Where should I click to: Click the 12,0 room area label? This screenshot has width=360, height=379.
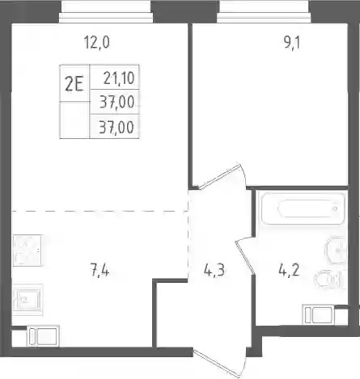(x=97, y=43)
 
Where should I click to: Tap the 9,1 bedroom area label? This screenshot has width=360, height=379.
(x=291, y=43)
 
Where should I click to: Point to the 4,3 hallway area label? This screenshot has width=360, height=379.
(x=214, y=270)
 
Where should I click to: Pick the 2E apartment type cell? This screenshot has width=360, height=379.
(x=74, y=83)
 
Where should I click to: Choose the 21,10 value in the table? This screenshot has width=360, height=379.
(x=119, y=78)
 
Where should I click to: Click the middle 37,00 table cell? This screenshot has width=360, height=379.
(x=116, y=102)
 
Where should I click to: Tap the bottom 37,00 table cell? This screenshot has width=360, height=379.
(x=116, y=127)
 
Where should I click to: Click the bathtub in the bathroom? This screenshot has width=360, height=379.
(x=302, y=208)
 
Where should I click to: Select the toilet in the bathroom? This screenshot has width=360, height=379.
(x=328, y=279)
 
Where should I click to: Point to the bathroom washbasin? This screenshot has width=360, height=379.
(x=336, y=251)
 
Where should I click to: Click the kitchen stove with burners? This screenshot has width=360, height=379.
(x=28, y=251)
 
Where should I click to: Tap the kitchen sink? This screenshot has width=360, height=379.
(x=28, y=299)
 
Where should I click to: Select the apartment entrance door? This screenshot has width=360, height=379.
(x=219, y=361)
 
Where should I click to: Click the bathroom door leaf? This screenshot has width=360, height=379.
(x=244, y=257)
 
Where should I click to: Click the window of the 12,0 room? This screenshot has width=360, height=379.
(x=106, y=12)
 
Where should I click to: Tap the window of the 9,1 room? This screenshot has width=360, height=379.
(x=264, y=12)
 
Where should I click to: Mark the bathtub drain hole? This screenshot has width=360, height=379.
(x=335, y=208)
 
